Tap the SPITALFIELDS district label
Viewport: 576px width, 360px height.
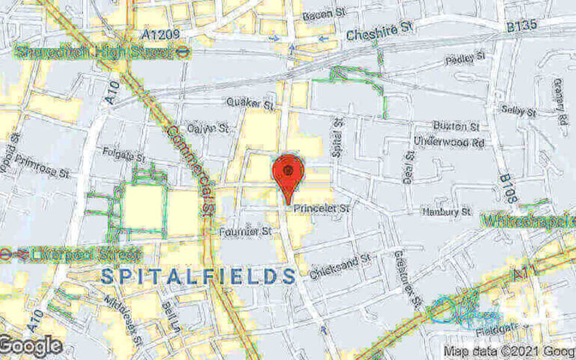click(x=198, y=276)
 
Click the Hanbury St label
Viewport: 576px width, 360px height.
click(x=446, y=212)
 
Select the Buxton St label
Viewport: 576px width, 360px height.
click(x=456, y=126)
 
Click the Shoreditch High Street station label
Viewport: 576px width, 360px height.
click(x=92, y=53)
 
